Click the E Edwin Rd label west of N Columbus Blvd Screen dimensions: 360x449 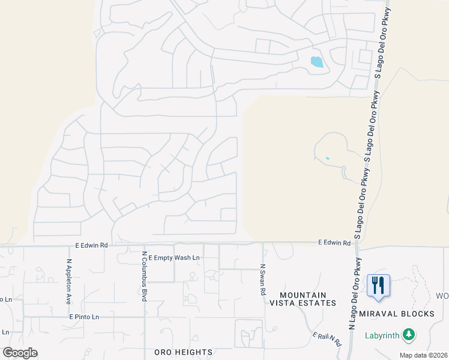click(x=91, y=245)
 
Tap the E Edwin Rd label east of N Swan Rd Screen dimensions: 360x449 click(x=334, y=243)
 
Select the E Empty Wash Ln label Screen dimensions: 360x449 click(x=173, y=257)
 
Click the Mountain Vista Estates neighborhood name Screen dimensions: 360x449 click(x=302, y=299)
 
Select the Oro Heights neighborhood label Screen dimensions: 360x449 click(x=184, y=352)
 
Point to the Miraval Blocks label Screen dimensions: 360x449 click(x=397, y=314)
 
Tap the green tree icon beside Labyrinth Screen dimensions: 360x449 click(x=409, y=334)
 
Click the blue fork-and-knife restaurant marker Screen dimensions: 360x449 click(x=378, y=285)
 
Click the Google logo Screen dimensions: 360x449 click(x=20, y=352)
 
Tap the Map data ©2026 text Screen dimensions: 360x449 click(x=424, y=355)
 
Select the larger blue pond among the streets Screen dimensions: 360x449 click(x=316, y=61)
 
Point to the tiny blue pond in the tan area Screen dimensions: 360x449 click(x=327, y=158)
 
